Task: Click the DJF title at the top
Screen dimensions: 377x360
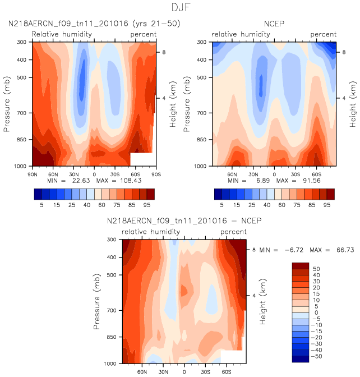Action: (179, 8)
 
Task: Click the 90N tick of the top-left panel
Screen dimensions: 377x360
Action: (33, 174)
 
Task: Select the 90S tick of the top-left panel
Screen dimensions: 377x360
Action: (155, 174)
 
